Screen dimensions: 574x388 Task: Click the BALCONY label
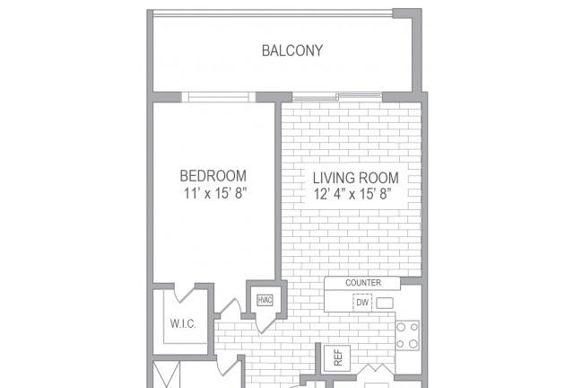(x=292, y=50)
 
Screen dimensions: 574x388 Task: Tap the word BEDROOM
(x=213, y=176)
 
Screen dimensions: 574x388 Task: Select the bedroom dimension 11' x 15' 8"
(x=214, y=193)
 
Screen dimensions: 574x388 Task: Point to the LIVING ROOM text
(x=355, y=178)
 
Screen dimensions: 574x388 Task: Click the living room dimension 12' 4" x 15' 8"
(x=352, y=194)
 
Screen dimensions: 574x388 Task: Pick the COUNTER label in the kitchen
(x=362, y=283)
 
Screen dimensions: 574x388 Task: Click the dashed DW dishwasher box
(x=362, y=303)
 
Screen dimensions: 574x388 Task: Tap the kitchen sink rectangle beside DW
(x=385, y=303)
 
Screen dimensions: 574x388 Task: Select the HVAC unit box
(x=265, y=300)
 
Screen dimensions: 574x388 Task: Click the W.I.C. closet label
(x=183, y=324)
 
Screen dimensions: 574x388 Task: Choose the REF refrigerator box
(x=337, y=357)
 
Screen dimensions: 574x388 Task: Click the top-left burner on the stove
(x=401, y=327)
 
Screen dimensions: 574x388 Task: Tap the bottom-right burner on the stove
(x=413, y=344)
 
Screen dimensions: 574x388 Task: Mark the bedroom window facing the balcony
(x=218, y=97)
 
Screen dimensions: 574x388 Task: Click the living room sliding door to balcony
(x=337, y=97)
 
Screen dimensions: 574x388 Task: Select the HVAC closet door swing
(x=265, y=324)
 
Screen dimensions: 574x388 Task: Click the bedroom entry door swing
(x=229, y=307)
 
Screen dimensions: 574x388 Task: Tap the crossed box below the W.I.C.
(x=166, y=375)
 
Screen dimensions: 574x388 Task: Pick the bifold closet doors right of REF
(x=375, y=370)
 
